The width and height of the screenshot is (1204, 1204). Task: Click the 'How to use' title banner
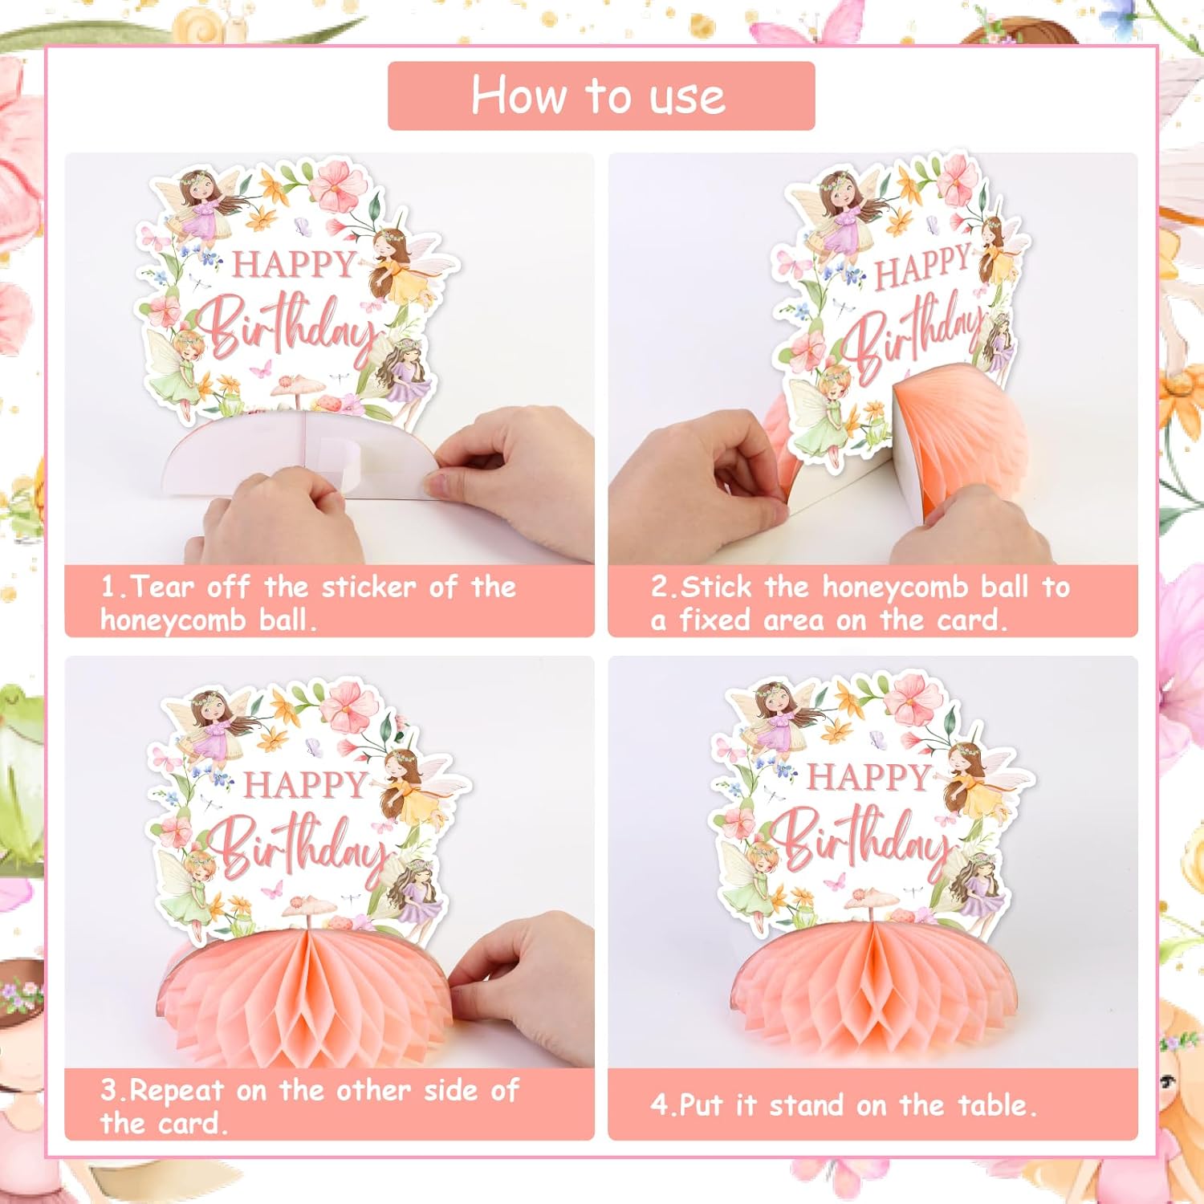[x=601, y=96]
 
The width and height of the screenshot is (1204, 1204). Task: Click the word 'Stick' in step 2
[x=716, y=587]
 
